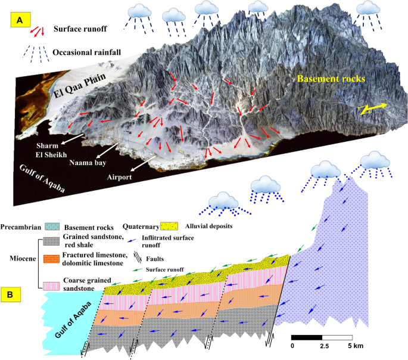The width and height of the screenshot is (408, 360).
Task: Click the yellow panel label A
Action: pyautogui.click(x=20, y=20)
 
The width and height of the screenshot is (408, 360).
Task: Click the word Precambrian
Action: pyautogui.click(x=21, y=226)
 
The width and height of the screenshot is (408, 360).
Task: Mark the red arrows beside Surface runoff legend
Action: pyautogui.click(x=38, y=30)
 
